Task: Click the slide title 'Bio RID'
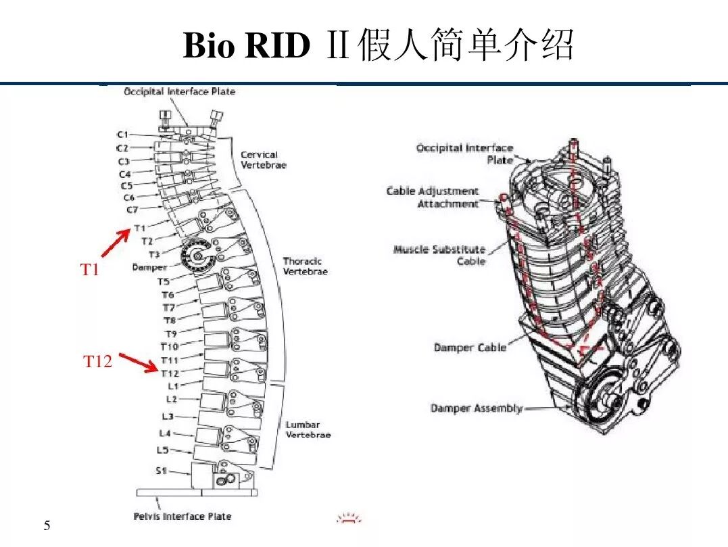point(246,47)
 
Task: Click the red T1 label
point(90,270)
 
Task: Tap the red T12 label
point(97,362)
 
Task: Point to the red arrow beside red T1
point(116,243)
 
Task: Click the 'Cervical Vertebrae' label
point(263,160)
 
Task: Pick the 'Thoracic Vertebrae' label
point(305,266)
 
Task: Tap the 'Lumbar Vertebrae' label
point(308,430)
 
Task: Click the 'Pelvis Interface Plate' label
point(182,517)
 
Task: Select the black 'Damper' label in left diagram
point(149,267)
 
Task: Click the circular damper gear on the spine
point(197,256)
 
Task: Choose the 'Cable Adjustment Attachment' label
point(432,197)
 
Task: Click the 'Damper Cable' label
point(469,348)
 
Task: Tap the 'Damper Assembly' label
point(476,408)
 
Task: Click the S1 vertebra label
point(161,471)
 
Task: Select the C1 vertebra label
point(122,135)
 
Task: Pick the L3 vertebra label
point(167,417)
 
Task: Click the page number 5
point(47,526)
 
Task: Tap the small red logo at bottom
point(349,519)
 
